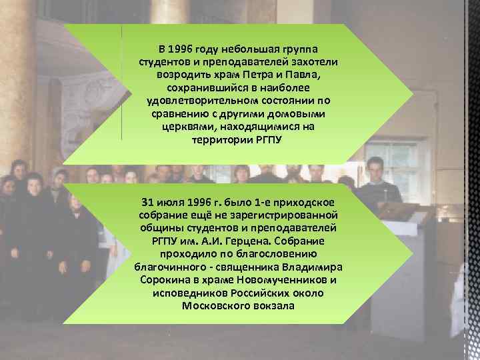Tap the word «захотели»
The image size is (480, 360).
[315, 62]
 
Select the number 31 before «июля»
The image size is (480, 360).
[148, 202]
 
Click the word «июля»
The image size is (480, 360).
[171, 202]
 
